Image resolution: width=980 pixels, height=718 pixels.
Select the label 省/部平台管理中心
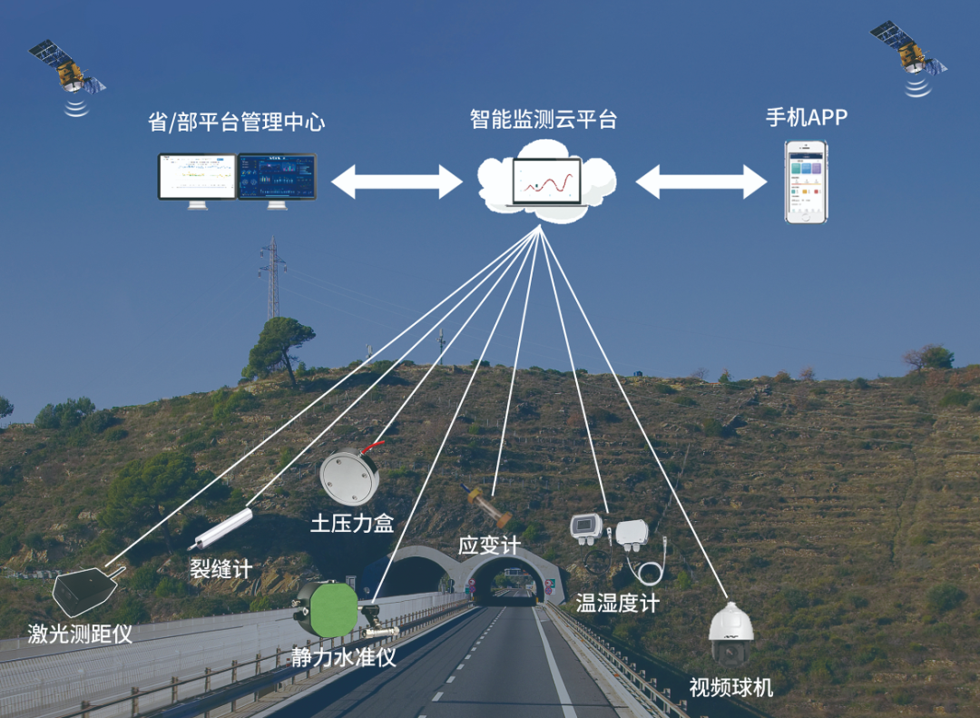click(236, 123)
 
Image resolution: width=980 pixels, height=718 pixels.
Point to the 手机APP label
click(807, 118)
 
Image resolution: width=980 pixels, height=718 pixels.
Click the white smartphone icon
click(807, 181)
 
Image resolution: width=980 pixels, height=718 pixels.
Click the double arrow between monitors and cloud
click(397, 182)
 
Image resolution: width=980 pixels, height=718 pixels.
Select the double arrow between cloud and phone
click(701, 182)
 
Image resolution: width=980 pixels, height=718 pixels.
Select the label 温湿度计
click(617, 603)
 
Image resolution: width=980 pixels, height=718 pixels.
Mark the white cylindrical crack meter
click(220, 528)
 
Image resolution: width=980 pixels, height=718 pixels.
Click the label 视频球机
click(731, 687)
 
